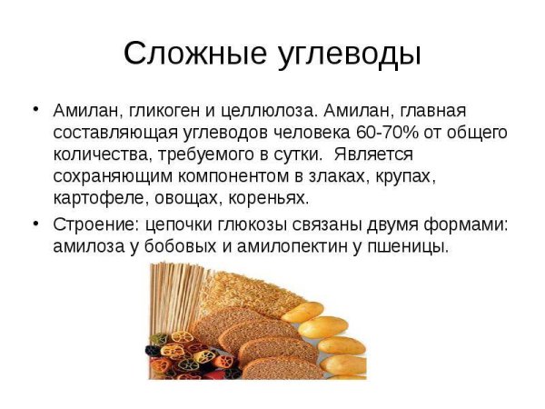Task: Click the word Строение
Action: pos(92,224)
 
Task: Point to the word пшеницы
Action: pos(412,245)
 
